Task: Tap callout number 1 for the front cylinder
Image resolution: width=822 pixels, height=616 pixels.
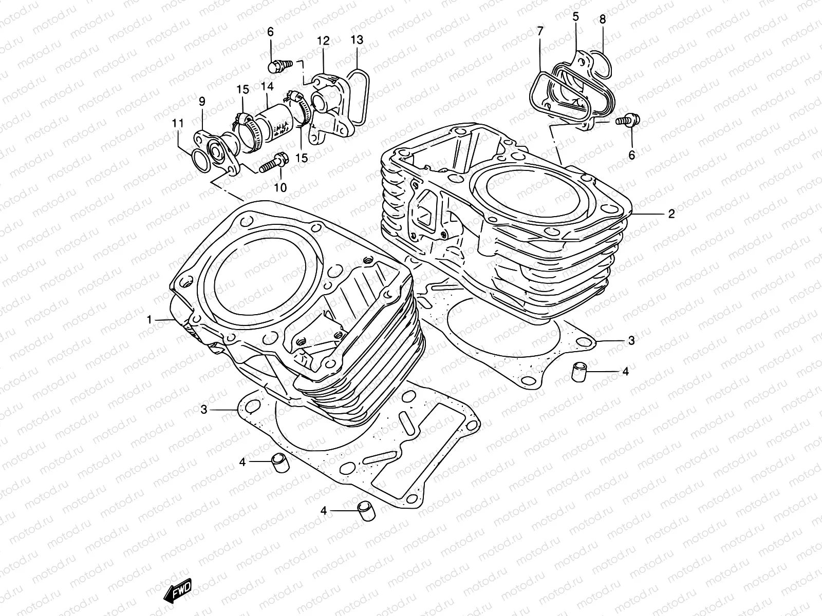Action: pyautogui.click(x=150, y=320)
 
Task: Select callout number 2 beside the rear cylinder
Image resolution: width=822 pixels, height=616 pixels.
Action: pyautogui.click(x=671, y=214)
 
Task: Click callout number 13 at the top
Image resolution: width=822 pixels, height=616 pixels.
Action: pyautogui.click(x=357, y=40)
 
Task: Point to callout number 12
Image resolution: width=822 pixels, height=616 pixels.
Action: pyautogui.click(x=323, y=40)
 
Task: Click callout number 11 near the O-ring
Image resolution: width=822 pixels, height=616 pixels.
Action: pyautogui.click(x=178, y=123)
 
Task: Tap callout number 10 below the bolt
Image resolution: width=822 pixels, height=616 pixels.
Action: pyautogui.click(x=280, y=188)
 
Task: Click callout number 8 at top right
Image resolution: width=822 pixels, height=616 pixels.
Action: pyautogui.click(x=603, y=20)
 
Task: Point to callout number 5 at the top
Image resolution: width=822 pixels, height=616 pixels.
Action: pyautogui.click(x=575, y=16)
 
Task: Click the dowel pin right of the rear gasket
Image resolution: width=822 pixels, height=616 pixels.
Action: pyautogui.click(x=580, y=371)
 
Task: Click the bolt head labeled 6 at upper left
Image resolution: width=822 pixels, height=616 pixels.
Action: pyautogui.click(x=276, y=66)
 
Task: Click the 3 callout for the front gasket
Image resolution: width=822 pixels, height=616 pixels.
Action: pyautogui.click(x=204, y=409)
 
